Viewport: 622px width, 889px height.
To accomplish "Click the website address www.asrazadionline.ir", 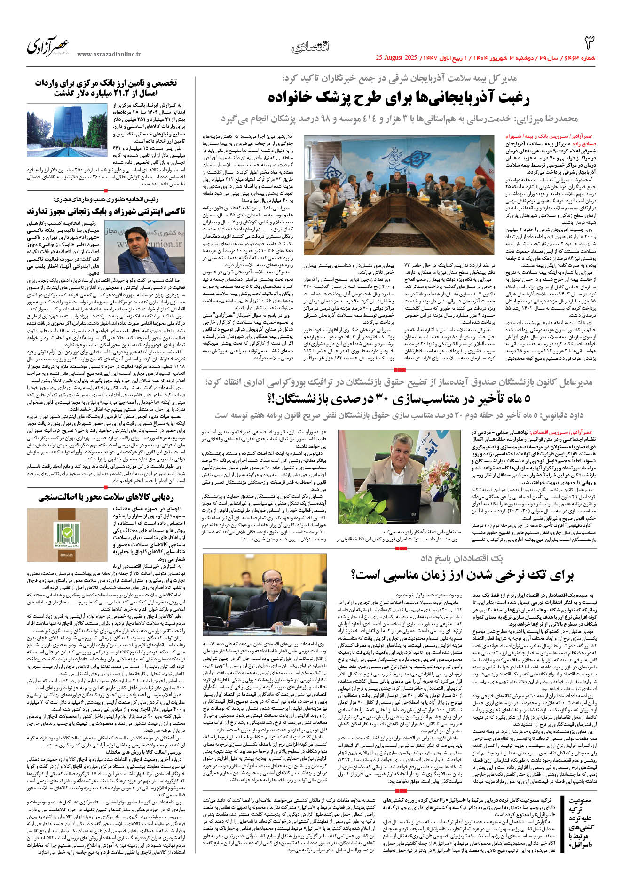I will pos(109,55).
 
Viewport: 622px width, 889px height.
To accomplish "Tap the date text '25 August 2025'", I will pos(396,58).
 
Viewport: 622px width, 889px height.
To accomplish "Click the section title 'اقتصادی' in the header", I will pos(310,47).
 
